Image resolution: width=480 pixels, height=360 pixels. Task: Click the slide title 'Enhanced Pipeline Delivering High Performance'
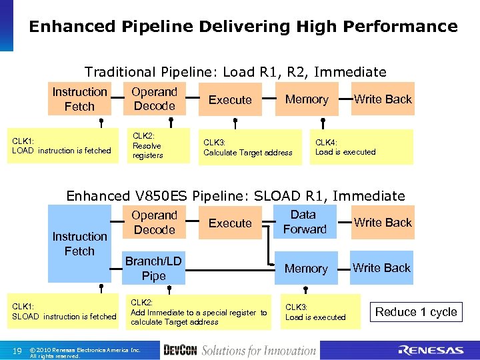pyautogui.click(x=243, y=27)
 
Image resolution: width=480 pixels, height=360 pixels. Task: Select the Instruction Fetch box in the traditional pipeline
pyautogui.click(x=79, y=99)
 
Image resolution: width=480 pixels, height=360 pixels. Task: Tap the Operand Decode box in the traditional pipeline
pyautogui.click(x=154, y=99)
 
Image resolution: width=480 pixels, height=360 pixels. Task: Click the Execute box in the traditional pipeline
pyautogui.click(x=230, y=100)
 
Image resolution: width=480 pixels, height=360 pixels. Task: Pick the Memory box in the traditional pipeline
pyautogui.click(x=307, y=99)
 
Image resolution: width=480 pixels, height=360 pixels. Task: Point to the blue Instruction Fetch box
pyautogui.click(x=79, y=243)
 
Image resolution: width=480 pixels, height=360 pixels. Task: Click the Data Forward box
pyautogui.click(x=304, y=222)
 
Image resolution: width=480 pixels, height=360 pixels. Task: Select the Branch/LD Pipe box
pyautogui.click(x=154, y=268)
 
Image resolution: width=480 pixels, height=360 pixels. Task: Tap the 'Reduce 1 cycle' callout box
pyautogui.click(x=416, y=312)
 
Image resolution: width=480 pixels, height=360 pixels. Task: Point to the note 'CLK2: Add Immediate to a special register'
pyautogui.click(x=199, y=312)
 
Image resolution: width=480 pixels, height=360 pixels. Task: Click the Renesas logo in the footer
pyautogui.click(x=430, y=350)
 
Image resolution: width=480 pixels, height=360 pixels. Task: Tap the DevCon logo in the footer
pyautogui.click(x=179, y=350)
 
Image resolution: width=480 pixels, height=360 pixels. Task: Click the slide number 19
pyautogui.click(x=17, y=351)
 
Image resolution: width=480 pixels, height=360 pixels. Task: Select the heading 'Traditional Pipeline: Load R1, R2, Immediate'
pyautogui.click(x=235, y=72)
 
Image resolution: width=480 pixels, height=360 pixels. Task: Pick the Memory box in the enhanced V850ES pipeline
pyautogui.click(x=306, y=269)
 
